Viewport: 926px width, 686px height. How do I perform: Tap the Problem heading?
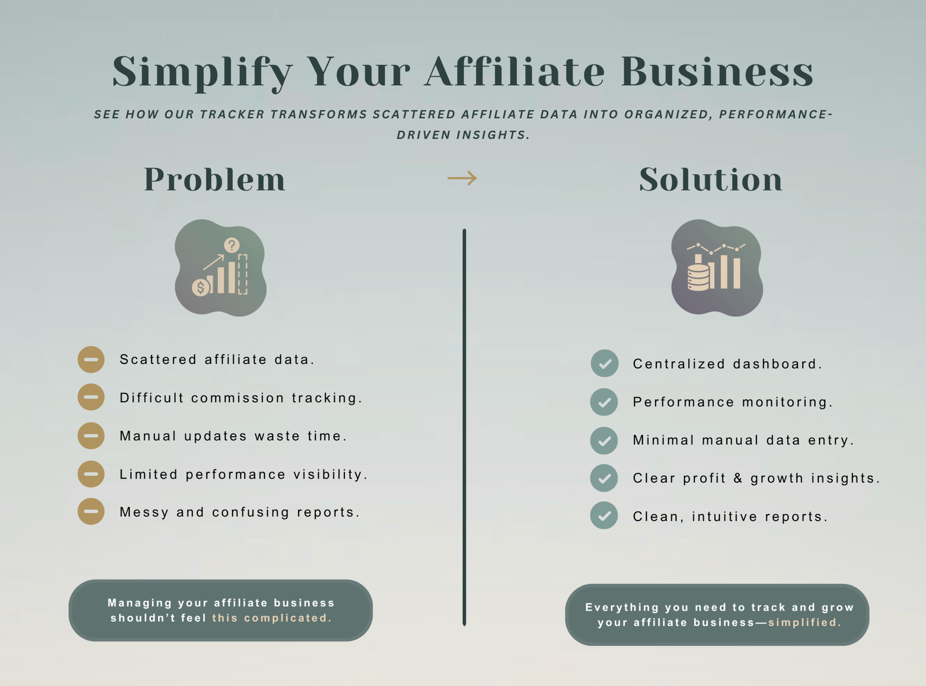[x=215, y=179]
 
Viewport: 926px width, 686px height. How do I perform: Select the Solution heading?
[x=711, y=179]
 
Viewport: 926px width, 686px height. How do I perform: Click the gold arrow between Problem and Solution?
[x=462, y=178]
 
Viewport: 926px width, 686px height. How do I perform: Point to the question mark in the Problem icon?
[x=231, y=245]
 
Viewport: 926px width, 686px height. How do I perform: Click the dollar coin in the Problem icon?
[x=201, y=288]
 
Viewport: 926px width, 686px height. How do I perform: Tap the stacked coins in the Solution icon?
[x=698, y=277]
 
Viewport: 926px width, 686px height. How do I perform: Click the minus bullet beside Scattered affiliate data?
[x=91, y=359]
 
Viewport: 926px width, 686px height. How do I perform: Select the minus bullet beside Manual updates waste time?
[x=91, y=436]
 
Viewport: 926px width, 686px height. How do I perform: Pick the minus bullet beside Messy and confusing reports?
[x=91, y=511]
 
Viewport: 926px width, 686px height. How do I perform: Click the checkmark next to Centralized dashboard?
[x=604, y=364]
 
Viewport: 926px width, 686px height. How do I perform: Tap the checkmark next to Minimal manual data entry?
[x=604, y=441]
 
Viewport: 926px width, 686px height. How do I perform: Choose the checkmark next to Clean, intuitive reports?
[x=604, y=516]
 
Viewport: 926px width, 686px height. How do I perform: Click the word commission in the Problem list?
[x=237, y=398]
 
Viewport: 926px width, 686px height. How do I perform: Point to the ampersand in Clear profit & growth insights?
[x=738, y=478]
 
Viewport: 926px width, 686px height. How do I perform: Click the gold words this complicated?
[x=272, y=618]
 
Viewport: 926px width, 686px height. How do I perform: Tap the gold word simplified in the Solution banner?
[x=804, y=622]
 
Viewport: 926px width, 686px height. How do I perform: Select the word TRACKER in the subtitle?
[x=232, y=115]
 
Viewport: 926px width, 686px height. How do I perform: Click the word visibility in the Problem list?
[x=330, y=475]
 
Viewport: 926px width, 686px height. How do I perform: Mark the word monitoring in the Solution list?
[x=787, y=402]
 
